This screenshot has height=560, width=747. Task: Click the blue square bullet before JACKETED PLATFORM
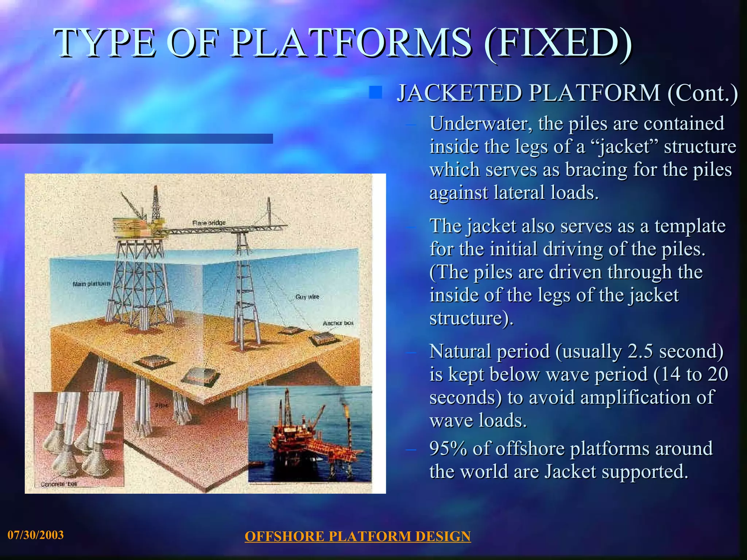(x=375, y=92)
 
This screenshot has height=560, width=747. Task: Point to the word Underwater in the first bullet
(x=479, y=124)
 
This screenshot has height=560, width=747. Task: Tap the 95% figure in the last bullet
(x=448, y=449)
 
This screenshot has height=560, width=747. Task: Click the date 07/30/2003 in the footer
(x=36, y=535)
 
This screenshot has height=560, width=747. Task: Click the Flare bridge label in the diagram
(x=209, y=223)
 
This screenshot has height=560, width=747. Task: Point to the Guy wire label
(x=307, y=297)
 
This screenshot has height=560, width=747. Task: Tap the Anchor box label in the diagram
(x=338, y=323)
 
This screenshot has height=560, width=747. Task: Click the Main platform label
(x=91, y=284)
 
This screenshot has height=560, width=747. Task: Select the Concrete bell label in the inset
(x=58, y=484)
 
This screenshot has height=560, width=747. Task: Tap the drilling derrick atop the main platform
(x=156, y=204)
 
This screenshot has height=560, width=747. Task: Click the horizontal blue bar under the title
(x=136, y=139)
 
